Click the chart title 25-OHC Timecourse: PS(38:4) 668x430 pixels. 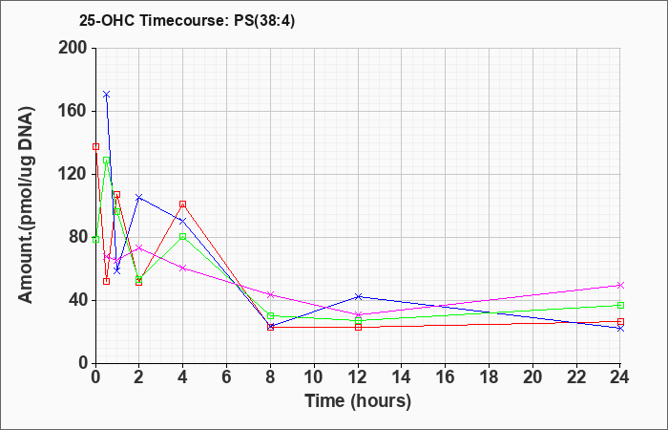(x=187, y=20)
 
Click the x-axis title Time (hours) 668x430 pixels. (x=358, y=401)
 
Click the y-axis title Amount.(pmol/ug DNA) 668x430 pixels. (x=27, y=204)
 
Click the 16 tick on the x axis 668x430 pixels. (x=446, y=377)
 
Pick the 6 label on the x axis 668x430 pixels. (x=227, y=377)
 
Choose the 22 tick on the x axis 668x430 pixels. (x=576, y=377)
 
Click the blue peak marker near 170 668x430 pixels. (x=107, y=94)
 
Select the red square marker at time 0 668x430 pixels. (x=95, y=147)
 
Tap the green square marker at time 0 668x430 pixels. (x=95, y=239)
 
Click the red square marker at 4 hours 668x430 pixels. (x=183, y=204)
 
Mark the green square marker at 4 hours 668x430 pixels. (x=183, y=236)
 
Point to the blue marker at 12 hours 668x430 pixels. (x=358, y=296)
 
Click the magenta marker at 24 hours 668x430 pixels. (x=620, y=286)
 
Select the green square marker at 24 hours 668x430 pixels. (x=620, y=305)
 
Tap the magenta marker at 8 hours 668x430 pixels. (x=270, y=294)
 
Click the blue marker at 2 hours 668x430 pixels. (x=139, y=197)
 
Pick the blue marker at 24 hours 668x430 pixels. (x=620, y=328)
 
